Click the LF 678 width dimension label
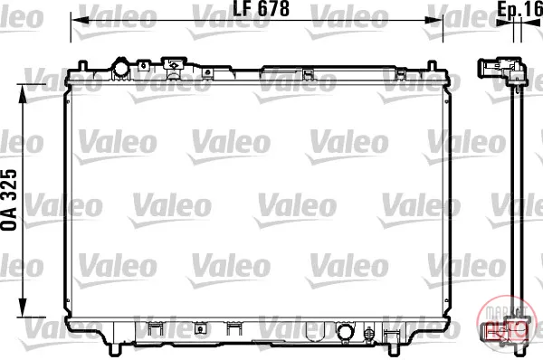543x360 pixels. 262,8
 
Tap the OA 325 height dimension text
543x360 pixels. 9,200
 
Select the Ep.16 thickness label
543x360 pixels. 520,9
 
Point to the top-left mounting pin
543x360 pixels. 82,65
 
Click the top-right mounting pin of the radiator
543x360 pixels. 432,65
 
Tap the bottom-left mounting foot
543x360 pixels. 115,349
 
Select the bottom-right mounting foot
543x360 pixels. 394,349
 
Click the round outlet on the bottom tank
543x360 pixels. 345,332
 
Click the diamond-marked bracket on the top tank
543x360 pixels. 174,65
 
